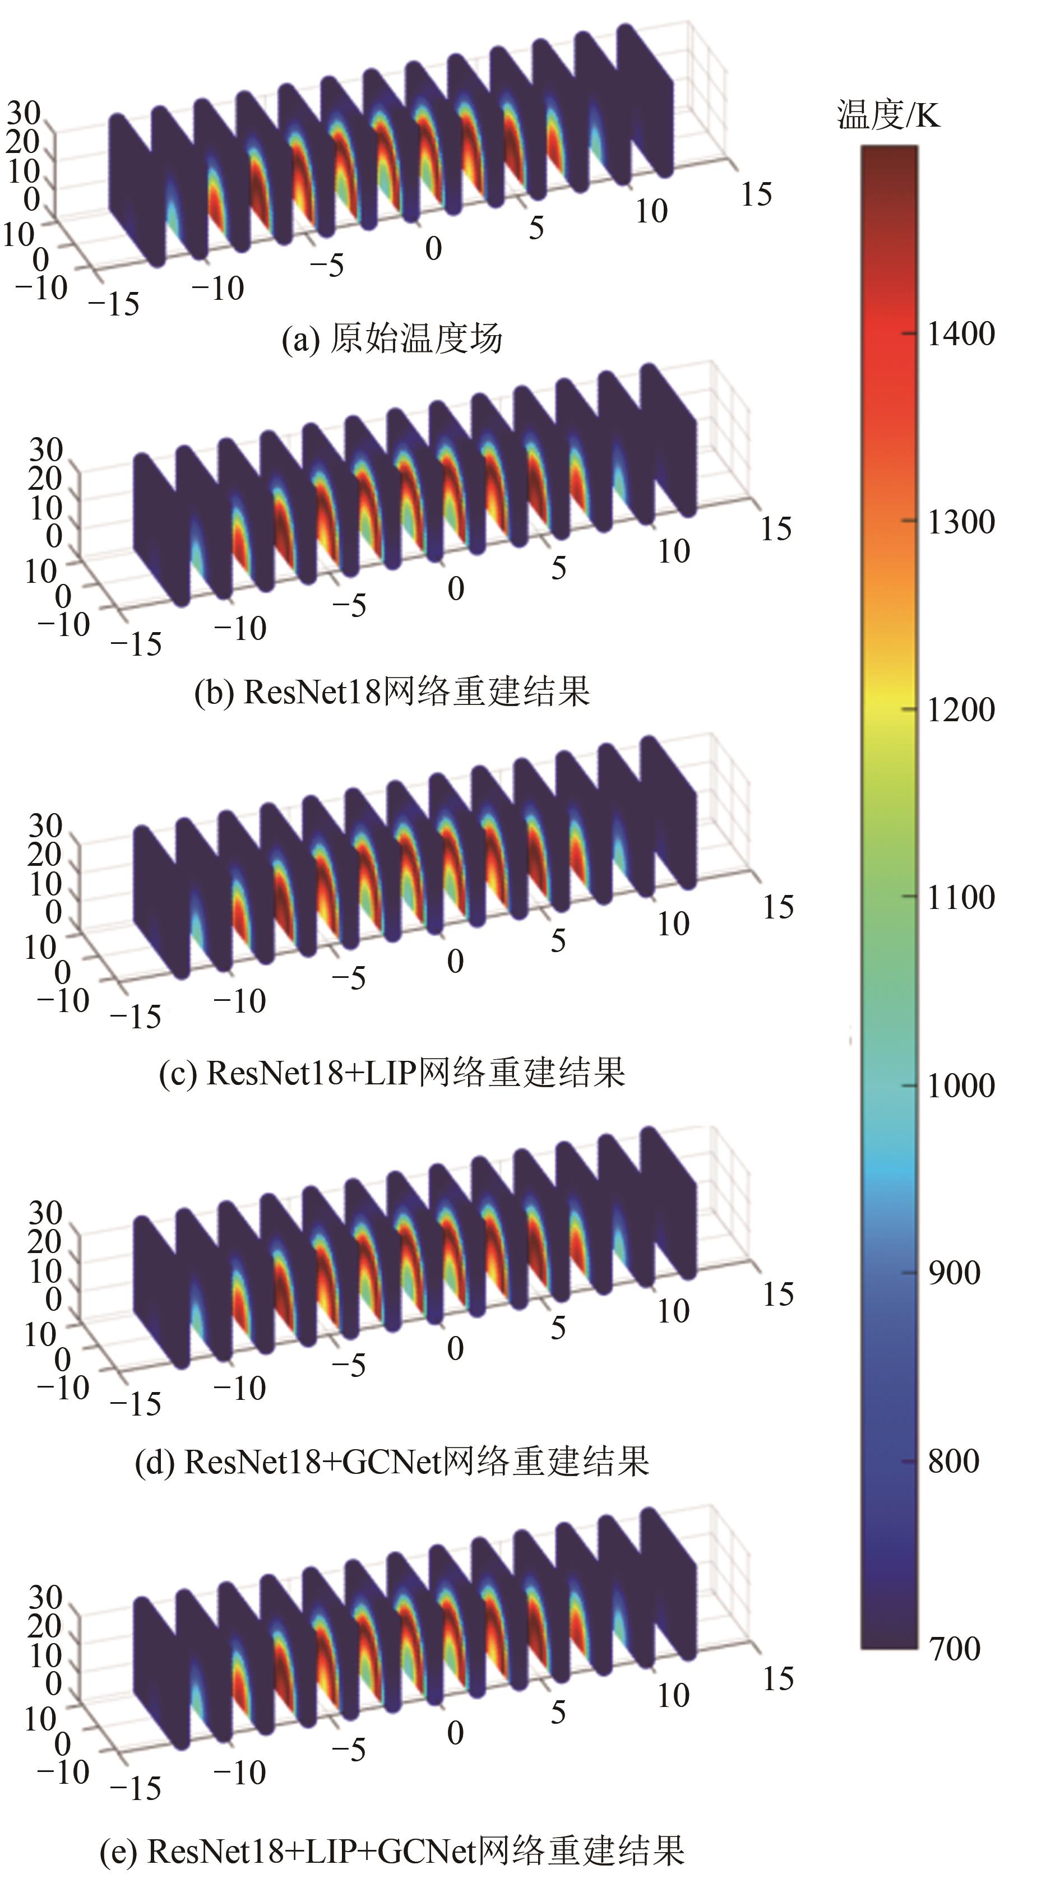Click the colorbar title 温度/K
[888, 115]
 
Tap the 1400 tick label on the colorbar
[961, 334]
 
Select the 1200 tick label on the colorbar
[961, 709]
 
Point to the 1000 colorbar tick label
[961, 1086]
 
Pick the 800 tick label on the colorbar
[954, 1461]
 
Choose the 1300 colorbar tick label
[961, 522]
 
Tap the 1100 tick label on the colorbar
[961, 897]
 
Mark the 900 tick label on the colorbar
[954, 1273]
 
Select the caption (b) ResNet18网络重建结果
[392, 691]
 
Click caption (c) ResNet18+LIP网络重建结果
[392, 1072]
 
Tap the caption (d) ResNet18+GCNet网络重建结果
[392, 1461]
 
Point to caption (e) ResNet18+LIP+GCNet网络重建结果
[392, 1846]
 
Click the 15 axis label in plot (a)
[756, 195]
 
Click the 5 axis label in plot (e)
[558, 1712]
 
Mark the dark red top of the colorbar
[888, 157]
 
